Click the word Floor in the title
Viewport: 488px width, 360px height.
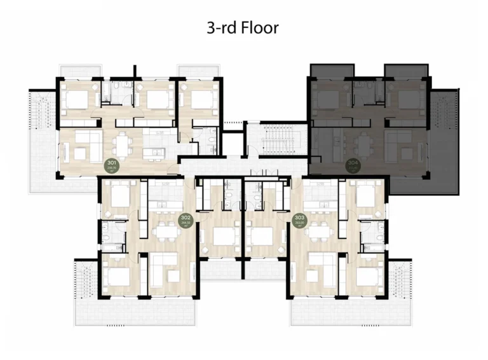pos(261,28)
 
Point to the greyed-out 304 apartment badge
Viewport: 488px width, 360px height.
pos(353,166)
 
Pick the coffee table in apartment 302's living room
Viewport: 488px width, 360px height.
pos(172,275)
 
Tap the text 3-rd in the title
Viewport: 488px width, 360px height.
pos(221,28)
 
